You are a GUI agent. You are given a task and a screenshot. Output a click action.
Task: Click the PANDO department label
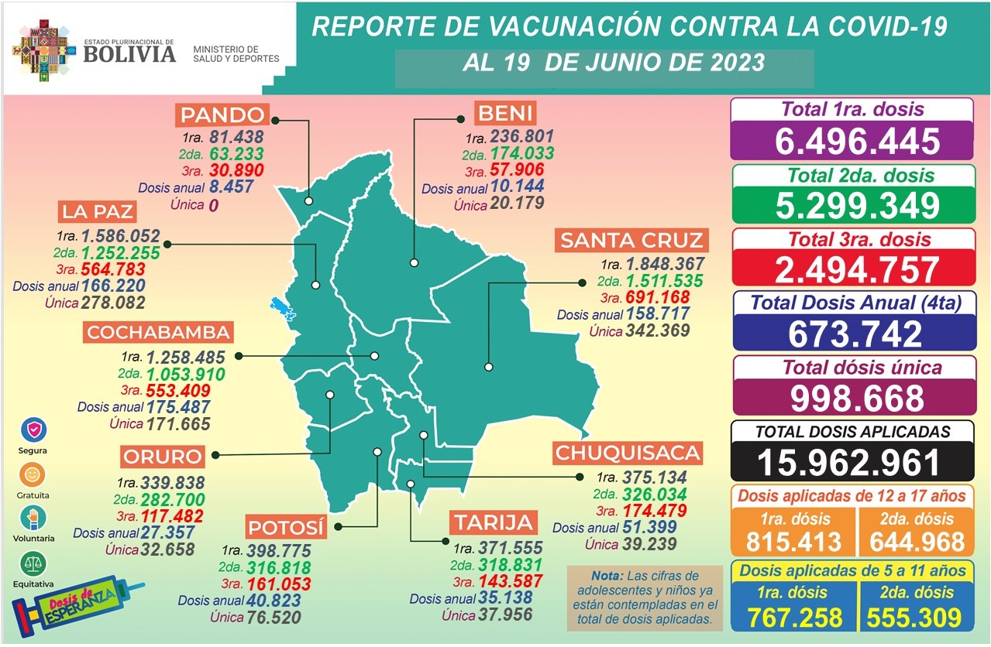tap(223, 116)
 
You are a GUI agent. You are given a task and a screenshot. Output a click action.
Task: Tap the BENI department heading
tap(504, 115)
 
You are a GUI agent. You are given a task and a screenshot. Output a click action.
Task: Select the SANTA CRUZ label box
tap(631, 241)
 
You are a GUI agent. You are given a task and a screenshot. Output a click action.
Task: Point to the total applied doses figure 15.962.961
tap(851, 462)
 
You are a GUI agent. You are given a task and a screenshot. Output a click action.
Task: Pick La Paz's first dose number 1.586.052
tap(120, 236)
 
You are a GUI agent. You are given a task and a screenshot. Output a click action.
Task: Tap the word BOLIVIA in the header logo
tap(129, 53)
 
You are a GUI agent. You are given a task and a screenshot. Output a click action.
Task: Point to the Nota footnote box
tap(644, 597)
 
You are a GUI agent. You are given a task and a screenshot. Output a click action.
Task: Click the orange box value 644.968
tap(915, 541)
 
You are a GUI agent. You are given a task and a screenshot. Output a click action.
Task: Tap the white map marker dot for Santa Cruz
tap(489, 367)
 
